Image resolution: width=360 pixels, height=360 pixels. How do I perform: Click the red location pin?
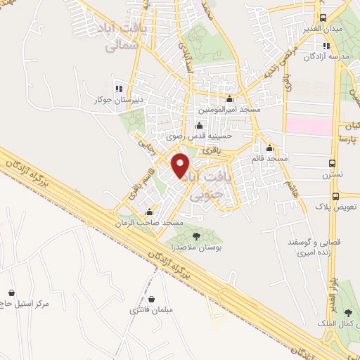(181, 164)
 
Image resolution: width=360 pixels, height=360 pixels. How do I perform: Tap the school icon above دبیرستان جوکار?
(119, 89)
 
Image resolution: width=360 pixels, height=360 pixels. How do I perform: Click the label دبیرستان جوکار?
(120, 100)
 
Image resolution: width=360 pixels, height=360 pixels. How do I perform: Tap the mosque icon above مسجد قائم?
(269, 148)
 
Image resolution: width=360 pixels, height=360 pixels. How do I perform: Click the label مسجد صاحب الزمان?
(150, 223)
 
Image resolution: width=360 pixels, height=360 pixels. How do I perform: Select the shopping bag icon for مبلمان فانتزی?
(152, 298)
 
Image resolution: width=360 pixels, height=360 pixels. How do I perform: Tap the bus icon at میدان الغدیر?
(323, 18)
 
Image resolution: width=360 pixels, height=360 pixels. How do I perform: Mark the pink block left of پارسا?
(307, 127)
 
